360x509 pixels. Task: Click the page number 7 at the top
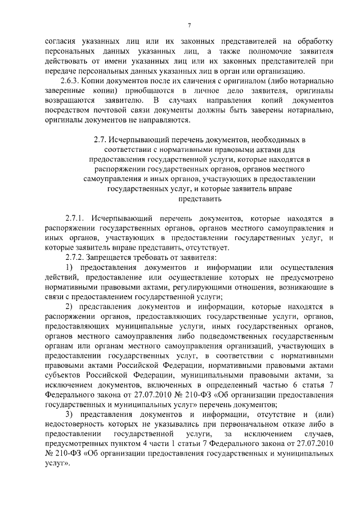(190, 25)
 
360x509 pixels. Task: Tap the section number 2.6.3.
(75, 80)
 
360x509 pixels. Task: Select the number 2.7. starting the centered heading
(101, 138)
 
